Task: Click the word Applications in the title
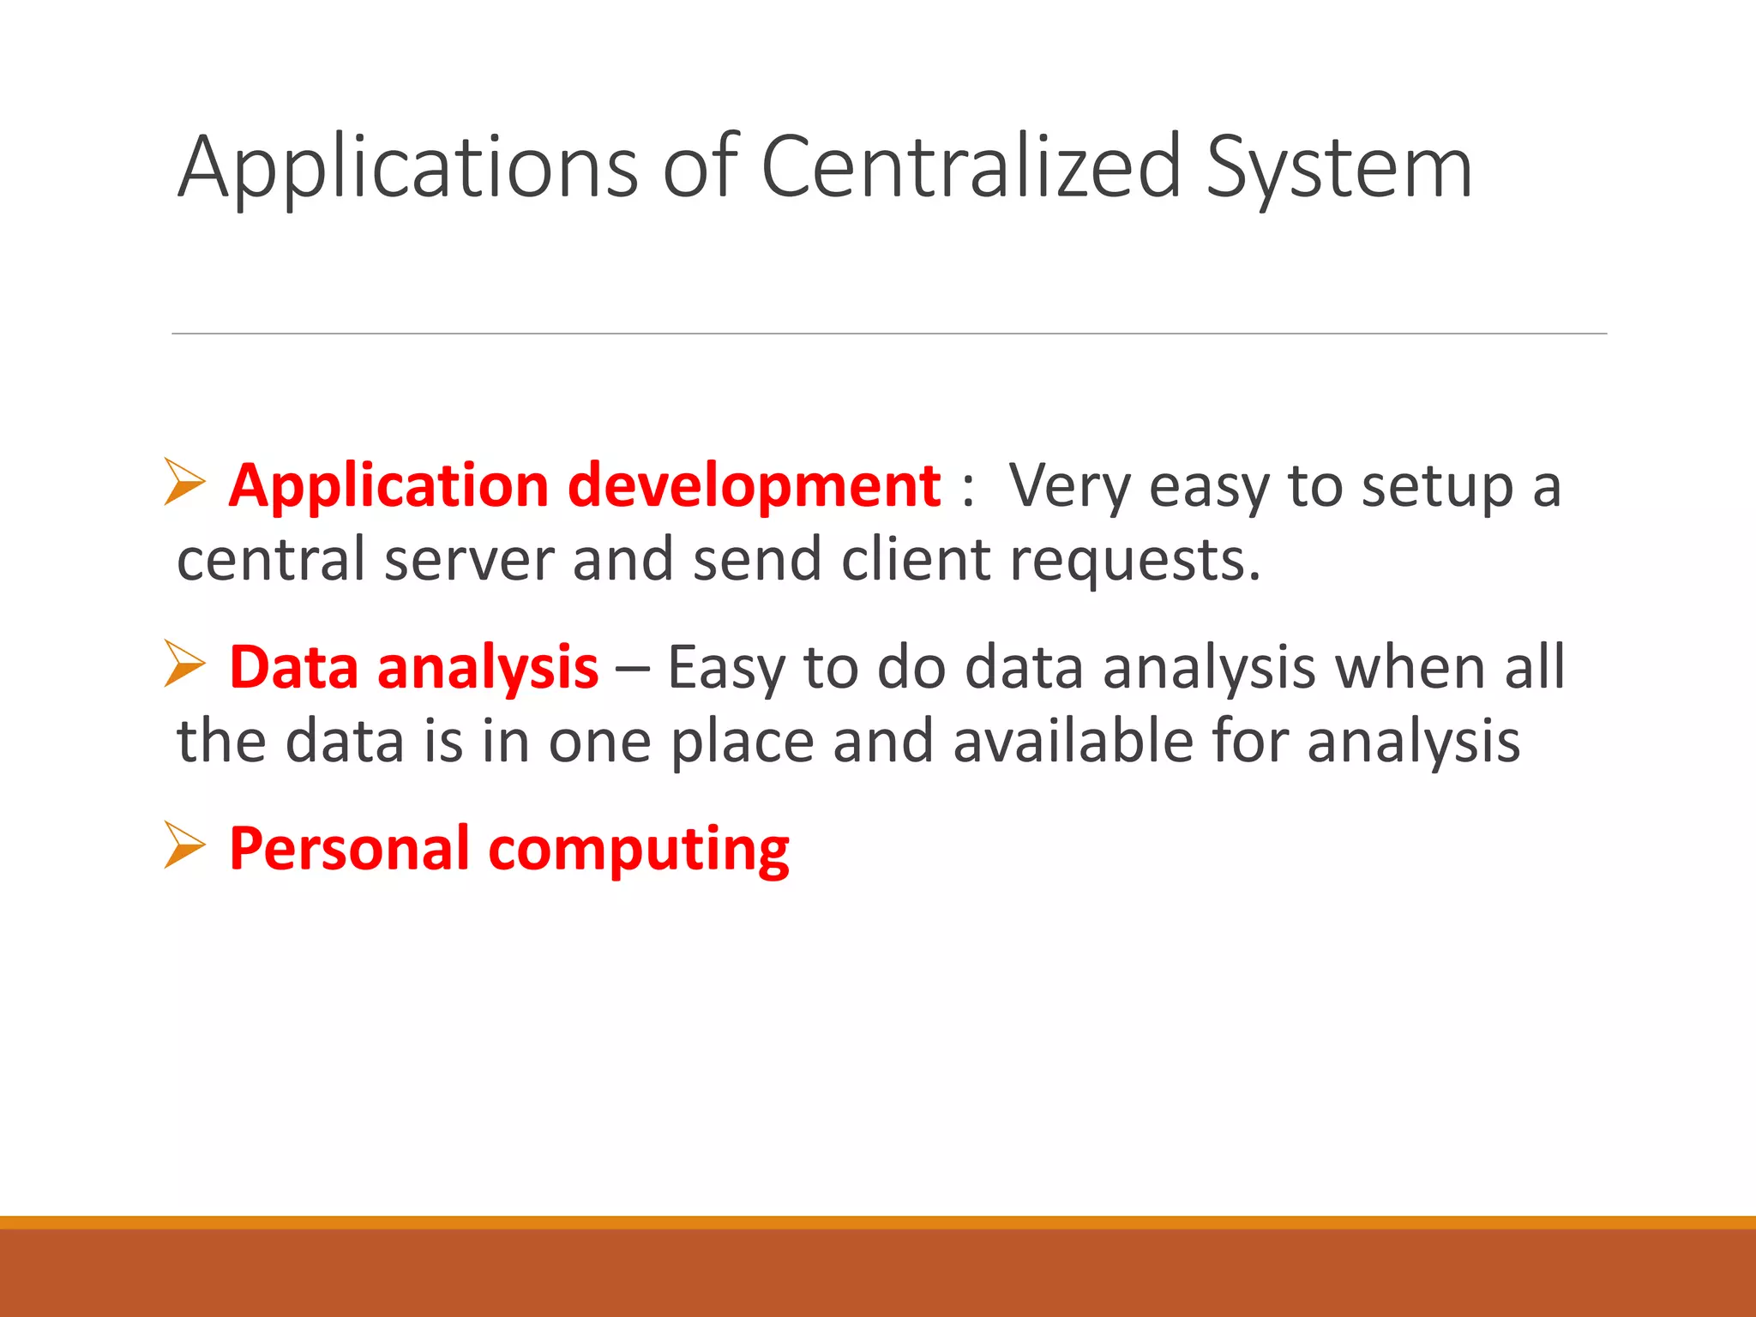point(407,167)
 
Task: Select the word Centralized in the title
point(971,167)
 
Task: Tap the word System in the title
point(1339,167)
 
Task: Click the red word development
point(755,486)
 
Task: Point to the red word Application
point(388,486)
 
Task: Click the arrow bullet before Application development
point(184,482)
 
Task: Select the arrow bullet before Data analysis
point(184,664)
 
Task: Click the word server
point(469,560)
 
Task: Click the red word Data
point(293,667)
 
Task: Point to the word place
point(742,742)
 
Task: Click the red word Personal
point(349,849)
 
